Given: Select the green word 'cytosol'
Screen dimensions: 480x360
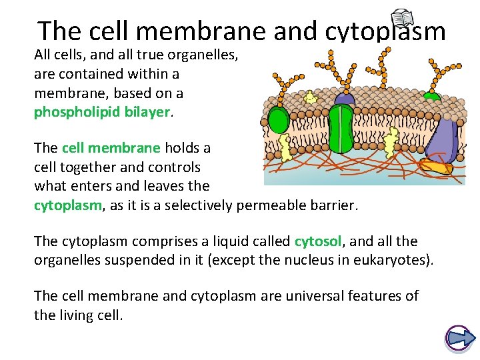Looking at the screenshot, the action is click(317, 241).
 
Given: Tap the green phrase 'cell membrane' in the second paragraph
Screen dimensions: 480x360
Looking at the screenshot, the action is click(111, 148).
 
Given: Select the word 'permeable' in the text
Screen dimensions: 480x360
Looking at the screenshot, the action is click(274, 206).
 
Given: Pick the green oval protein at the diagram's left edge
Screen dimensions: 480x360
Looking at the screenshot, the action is click(278, 121).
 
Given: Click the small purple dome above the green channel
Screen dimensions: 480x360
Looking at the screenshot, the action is click(345, 97).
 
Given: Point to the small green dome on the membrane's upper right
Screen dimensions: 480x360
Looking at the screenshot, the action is click(433, 96).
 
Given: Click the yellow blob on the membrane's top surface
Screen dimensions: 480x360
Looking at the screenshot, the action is click(309, 97).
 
